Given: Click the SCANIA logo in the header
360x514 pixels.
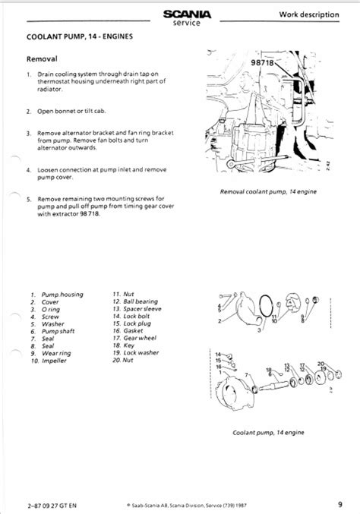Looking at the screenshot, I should [183, 13].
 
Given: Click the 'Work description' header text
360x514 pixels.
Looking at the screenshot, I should [311, 14].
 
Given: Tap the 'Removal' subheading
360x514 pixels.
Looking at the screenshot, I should [43, 58].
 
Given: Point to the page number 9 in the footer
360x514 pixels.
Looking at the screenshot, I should [342, 501].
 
